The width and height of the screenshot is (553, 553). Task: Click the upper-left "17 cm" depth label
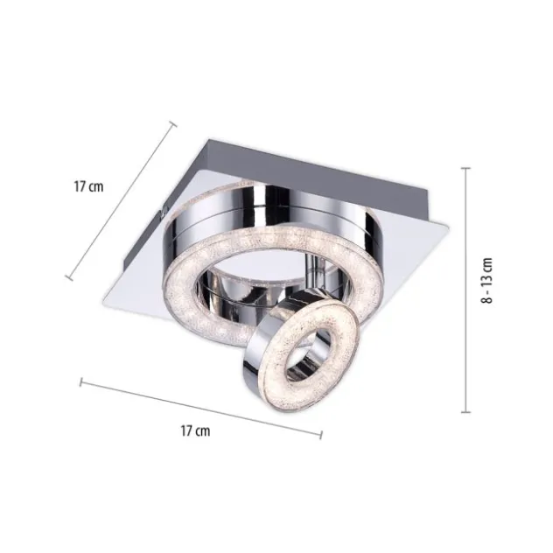click(x=88, y=186)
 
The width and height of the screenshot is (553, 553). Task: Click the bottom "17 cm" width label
click(x=195, y=430)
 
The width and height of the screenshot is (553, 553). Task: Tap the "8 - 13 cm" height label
click(x=486, y=280)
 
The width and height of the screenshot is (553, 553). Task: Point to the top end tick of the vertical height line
click(x=465, y=169)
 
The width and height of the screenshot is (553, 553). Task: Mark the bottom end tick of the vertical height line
click(x=465, y=411)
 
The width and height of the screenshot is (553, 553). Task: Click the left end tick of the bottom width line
click(x=81, y=382)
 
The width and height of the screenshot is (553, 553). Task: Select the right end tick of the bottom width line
click(x=321, y=435)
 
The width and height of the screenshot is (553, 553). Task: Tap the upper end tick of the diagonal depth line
click(x=172, y=123)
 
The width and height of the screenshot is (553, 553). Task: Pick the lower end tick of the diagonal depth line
click(x=69, y=278)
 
